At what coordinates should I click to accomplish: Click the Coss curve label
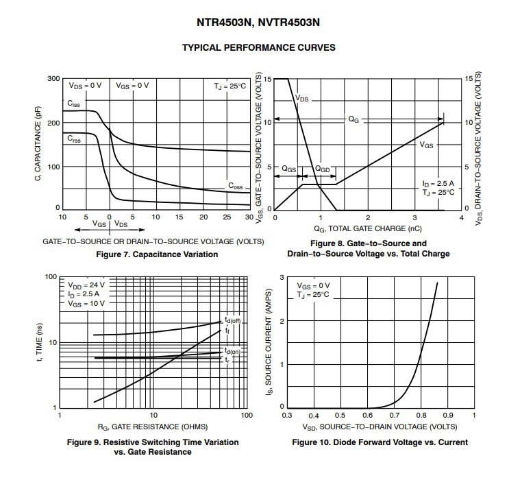point(236,185)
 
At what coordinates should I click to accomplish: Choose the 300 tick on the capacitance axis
point(53,79)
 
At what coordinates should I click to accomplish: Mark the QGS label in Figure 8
point(289,168)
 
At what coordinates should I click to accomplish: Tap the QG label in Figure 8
point(354,119)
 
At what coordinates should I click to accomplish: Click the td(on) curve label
point(232,352)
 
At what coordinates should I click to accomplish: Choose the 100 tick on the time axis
point(49,277)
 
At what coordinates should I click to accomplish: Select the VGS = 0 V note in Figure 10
point(313,285)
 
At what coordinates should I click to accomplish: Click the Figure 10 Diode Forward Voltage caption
point(380,442)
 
